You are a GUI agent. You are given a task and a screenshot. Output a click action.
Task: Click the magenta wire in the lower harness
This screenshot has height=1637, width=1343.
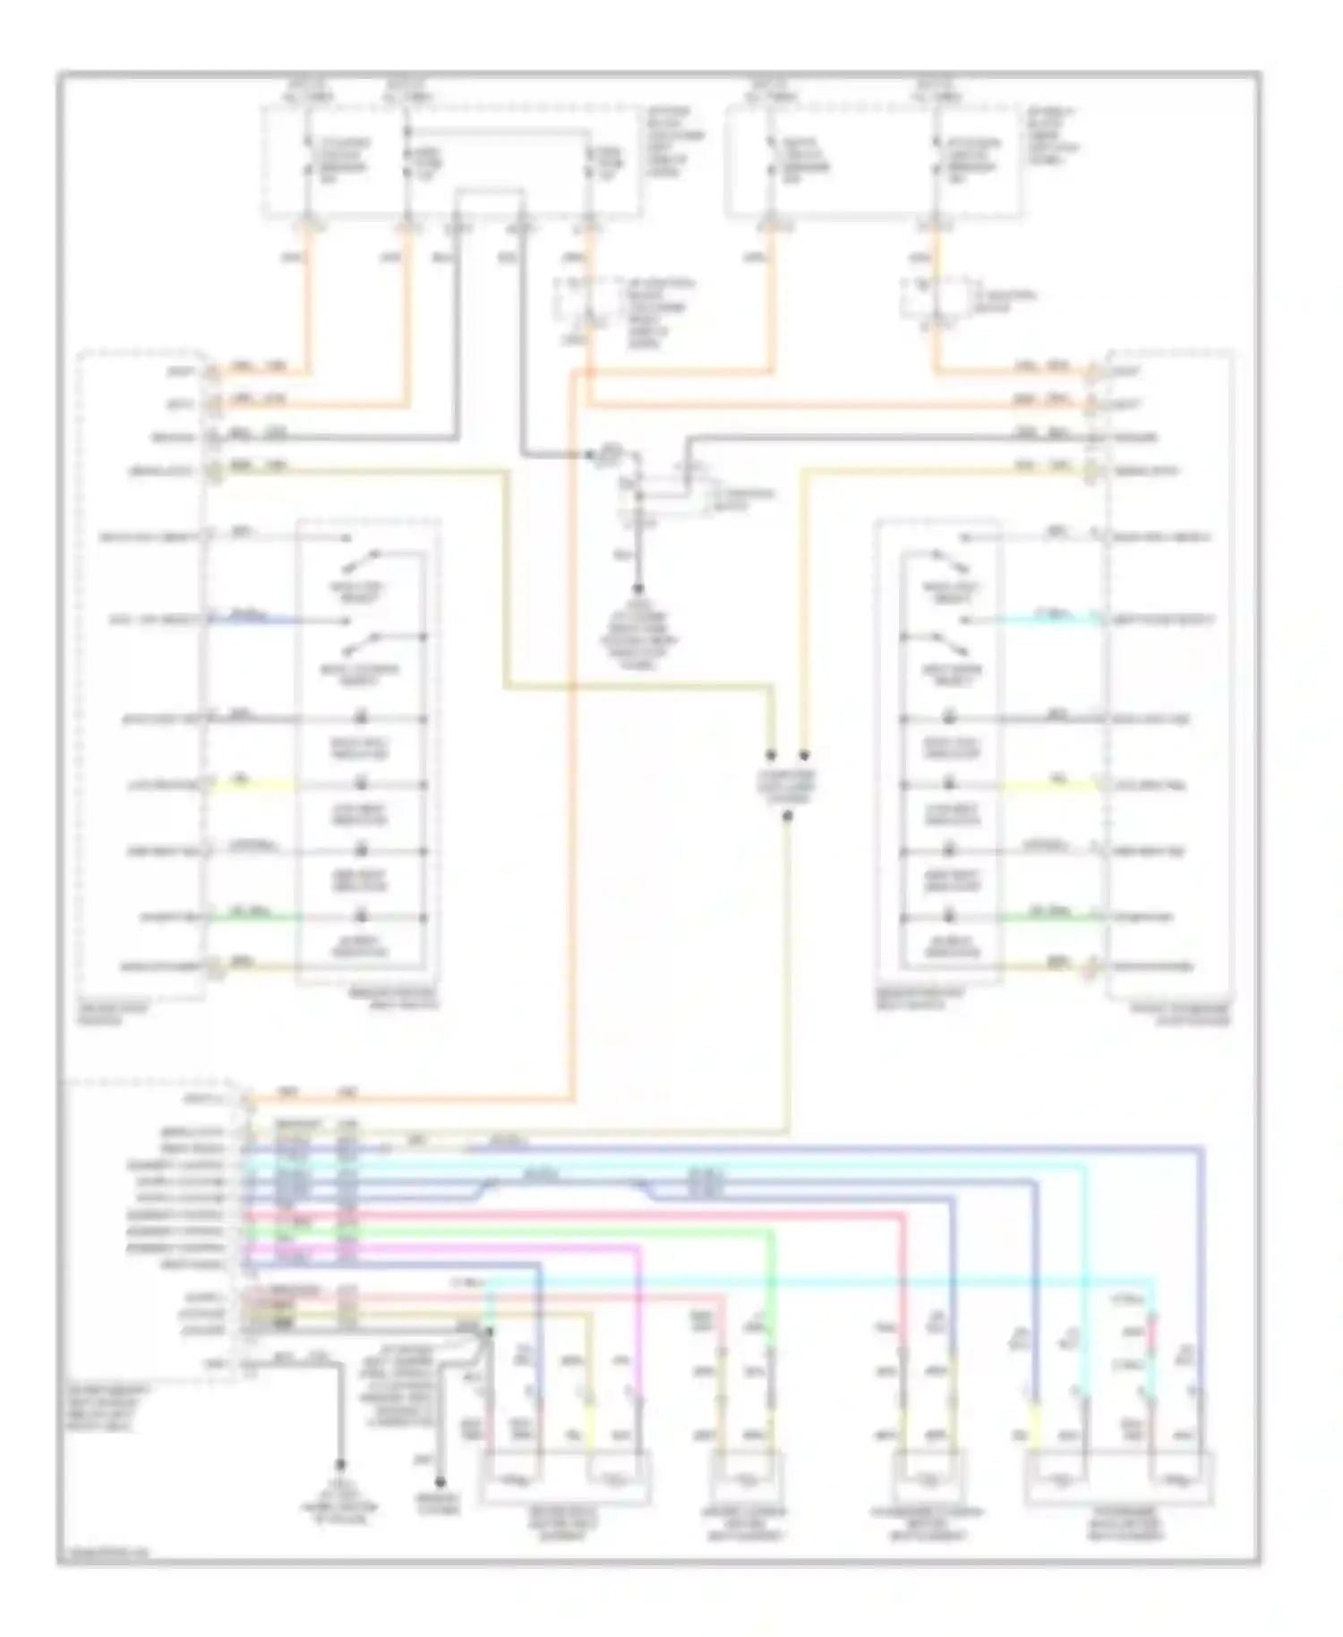tap(448, 1247)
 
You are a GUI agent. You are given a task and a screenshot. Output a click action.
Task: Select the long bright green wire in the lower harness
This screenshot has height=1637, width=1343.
tap(537, 1232)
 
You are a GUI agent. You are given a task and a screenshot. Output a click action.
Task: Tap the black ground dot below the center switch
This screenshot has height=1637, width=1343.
tap(638, 589)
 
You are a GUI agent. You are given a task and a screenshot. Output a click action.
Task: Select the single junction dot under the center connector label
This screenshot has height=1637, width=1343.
tap(787, 816)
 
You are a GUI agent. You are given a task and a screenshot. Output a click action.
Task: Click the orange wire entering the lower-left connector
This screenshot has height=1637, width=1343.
tap(403, 1098)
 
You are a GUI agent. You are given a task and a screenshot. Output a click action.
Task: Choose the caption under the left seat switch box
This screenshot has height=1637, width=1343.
tap(394, 998)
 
